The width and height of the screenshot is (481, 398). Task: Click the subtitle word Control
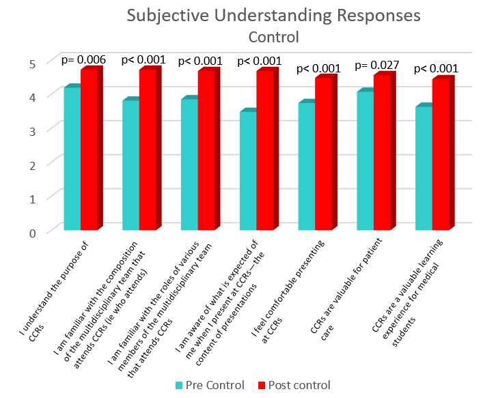click(273, 36)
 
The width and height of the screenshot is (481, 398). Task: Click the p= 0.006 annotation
click(83, 60)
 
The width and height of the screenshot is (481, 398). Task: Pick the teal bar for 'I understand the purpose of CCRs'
click(72, 158)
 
